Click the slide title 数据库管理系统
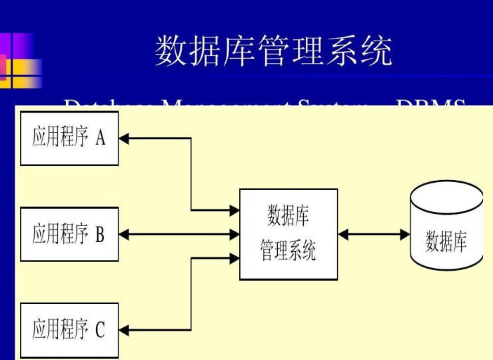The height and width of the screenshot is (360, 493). point(274,52)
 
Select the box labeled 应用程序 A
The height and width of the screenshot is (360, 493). point(69,139)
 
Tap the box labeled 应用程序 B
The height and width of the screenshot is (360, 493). point(69,234)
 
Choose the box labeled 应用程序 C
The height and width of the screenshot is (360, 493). point(69,329)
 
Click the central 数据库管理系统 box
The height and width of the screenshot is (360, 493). point(288,234)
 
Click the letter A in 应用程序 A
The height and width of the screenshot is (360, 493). point(101,138)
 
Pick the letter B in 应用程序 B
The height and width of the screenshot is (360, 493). point(100,234)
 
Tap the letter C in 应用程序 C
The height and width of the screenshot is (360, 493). point(100,330)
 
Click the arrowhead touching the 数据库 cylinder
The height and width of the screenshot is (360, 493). point(405,234)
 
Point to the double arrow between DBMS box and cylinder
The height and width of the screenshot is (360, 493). point(374,234)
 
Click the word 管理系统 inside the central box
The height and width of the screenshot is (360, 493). point(288,251)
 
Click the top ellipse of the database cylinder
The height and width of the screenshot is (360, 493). point(446,195)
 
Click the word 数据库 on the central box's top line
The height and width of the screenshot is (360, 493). point(288,217)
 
